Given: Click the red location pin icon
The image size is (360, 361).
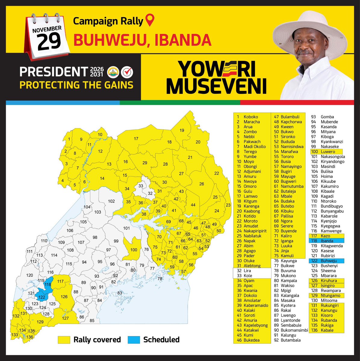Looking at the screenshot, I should [150, 21].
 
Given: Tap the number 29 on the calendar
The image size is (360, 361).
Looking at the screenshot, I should [49, 42].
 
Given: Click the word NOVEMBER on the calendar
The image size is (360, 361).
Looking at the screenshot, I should [47, 29].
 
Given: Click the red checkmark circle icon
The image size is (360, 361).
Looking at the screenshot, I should [127, 72].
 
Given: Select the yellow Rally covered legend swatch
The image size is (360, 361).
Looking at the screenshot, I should [64, 340].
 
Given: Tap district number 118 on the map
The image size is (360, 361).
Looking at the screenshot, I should [48, 285].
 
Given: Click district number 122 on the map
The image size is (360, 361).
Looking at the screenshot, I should [42, 297].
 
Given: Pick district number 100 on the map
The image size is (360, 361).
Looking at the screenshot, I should [134, 250].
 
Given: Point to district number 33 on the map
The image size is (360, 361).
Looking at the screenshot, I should [141, 186].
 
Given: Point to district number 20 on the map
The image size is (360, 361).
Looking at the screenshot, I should [198, 142].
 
